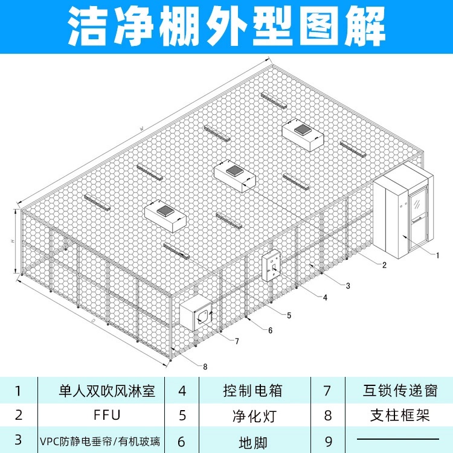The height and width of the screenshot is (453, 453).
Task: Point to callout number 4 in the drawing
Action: [325, 298]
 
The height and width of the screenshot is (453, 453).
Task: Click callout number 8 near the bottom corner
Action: [205, 366]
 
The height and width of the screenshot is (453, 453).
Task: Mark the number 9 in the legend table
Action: [327, 441]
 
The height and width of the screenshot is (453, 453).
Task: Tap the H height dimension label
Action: [12, 242]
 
